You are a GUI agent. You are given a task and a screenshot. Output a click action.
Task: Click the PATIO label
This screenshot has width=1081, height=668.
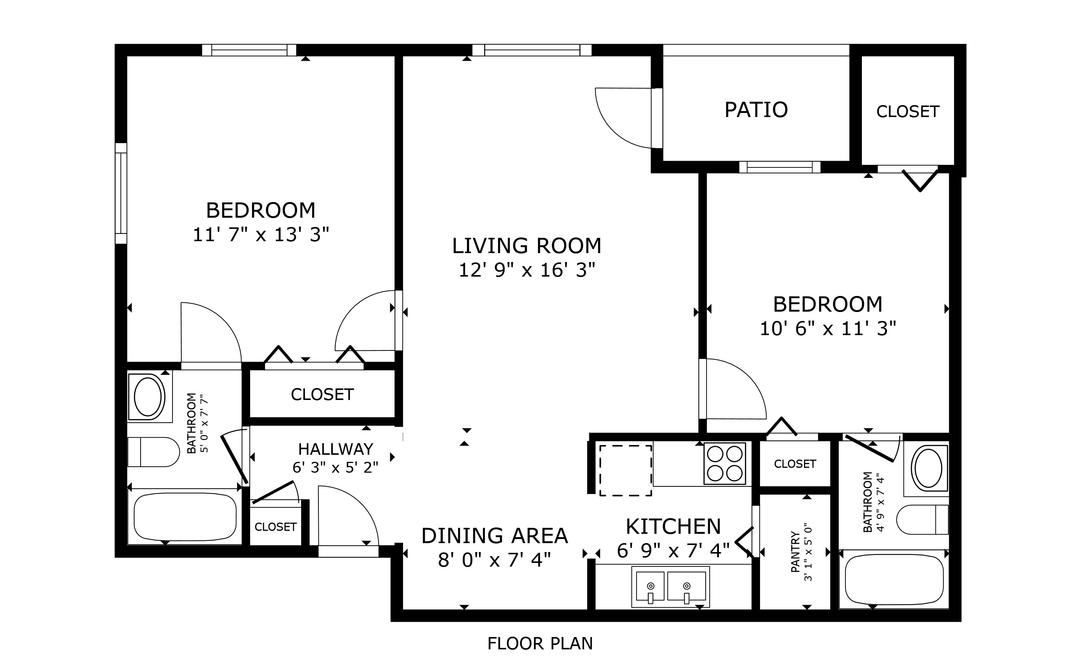756,110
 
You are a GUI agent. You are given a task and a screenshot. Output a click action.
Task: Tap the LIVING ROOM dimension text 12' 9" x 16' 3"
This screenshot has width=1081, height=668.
527,270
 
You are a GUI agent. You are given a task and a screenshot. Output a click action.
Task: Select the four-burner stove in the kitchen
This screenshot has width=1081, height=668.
725,463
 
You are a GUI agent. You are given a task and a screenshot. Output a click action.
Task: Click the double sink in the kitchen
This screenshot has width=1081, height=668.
670,587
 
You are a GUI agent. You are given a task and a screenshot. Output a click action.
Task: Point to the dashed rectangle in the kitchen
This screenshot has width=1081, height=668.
626,470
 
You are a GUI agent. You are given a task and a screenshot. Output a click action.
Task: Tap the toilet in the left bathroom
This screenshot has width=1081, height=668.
153,452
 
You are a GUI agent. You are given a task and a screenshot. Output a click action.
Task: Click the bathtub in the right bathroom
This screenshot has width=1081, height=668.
894,580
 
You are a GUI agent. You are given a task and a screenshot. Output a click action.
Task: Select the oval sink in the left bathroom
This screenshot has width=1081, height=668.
148,397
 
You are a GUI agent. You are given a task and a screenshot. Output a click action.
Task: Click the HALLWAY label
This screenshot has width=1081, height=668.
336,449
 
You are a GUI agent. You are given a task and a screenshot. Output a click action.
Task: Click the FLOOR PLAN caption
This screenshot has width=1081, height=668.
540,644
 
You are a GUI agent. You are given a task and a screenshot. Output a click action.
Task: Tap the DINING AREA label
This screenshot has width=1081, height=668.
495,536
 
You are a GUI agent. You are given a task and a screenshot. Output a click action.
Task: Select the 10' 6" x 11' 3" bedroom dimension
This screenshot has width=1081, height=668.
828,329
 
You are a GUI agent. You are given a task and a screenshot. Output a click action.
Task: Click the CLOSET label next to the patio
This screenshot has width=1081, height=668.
908,112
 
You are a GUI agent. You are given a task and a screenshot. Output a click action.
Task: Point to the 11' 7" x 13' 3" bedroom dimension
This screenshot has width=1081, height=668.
261,234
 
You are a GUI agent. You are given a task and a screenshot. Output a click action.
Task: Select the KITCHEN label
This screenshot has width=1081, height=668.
673,527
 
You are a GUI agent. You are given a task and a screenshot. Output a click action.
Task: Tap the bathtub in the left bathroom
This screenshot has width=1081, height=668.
185,517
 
